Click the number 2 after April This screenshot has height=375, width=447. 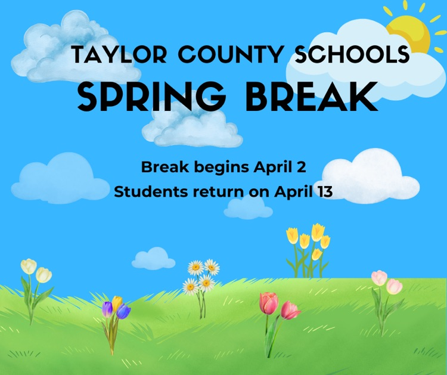tap(302, 168)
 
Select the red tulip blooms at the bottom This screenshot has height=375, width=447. tap(278, 306)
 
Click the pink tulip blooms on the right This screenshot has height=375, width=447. tap(386, 282)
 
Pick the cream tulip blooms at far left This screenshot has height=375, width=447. tap(36, 270)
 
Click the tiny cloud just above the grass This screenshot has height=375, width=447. tap(154, 258)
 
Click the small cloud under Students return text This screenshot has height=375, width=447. tap(249, 207)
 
